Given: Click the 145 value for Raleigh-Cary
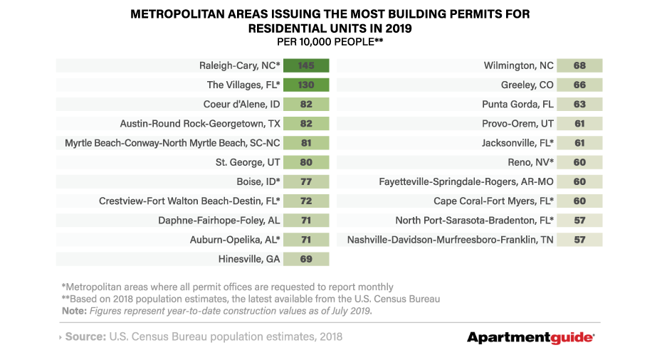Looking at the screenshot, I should click(306, 65).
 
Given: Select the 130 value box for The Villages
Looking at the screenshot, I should click(306, 85).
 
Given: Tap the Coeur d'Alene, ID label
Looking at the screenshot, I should click(239, 105).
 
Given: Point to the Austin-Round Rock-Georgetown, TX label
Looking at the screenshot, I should click(200, 124).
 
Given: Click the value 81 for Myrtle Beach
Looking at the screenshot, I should click(306, 143).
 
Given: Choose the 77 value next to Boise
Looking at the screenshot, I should click(306, 182).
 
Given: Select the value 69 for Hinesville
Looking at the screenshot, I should click(306, 259).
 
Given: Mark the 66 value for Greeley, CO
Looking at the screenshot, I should click(579, 85).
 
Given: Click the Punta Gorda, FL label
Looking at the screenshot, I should click(518, 105).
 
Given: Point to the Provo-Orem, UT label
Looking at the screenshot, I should click(518, 124).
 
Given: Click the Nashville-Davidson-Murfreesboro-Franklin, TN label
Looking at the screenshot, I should click(450, 240).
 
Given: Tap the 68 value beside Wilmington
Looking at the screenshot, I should click(579, 65).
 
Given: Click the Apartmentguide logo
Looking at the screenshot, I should click(531, 337).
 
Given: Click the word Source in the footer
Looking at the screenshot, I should click(85, 337).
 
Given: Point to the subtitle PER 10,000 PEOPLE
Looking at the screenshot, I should click(330, 42).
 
